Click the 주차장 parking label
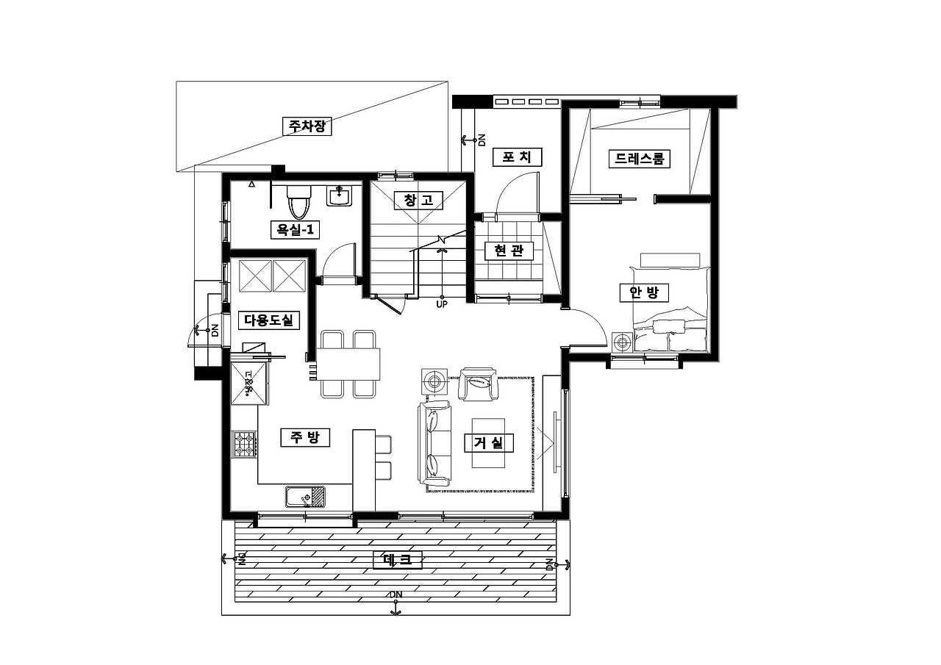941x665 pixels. pos(307,126)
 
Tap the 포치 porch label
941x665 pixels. pos(517,157)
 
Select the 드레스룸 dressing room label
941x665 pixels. pos(640,159)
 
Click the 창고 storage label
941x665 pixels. pos(419,201)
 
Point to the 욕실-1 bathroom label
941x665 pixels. pos(296,230)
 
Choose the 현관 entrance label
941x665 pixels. pos(509,251)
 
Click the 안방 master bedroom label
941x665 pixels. pos(645,292)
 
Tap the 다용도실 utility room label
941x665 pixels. pos(269,320)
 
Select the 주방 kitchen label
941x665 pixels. pos(305,437)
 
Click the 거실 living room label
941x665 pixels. pos(489,443)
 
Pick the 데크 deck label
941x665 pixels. pos(398,560)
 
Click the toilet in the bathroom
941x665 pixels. pos(298,203)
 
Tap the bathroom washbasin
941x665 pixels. pos(340,195)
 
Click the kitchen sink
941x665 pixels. pos(305,497)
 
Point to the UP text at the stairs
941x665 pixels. pos(442,304)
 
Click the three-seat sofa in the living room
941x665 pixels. pos(434,443)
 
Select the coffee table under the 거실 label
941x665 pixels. pos(489,443)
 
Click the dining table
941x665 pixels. pos(348,364)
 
